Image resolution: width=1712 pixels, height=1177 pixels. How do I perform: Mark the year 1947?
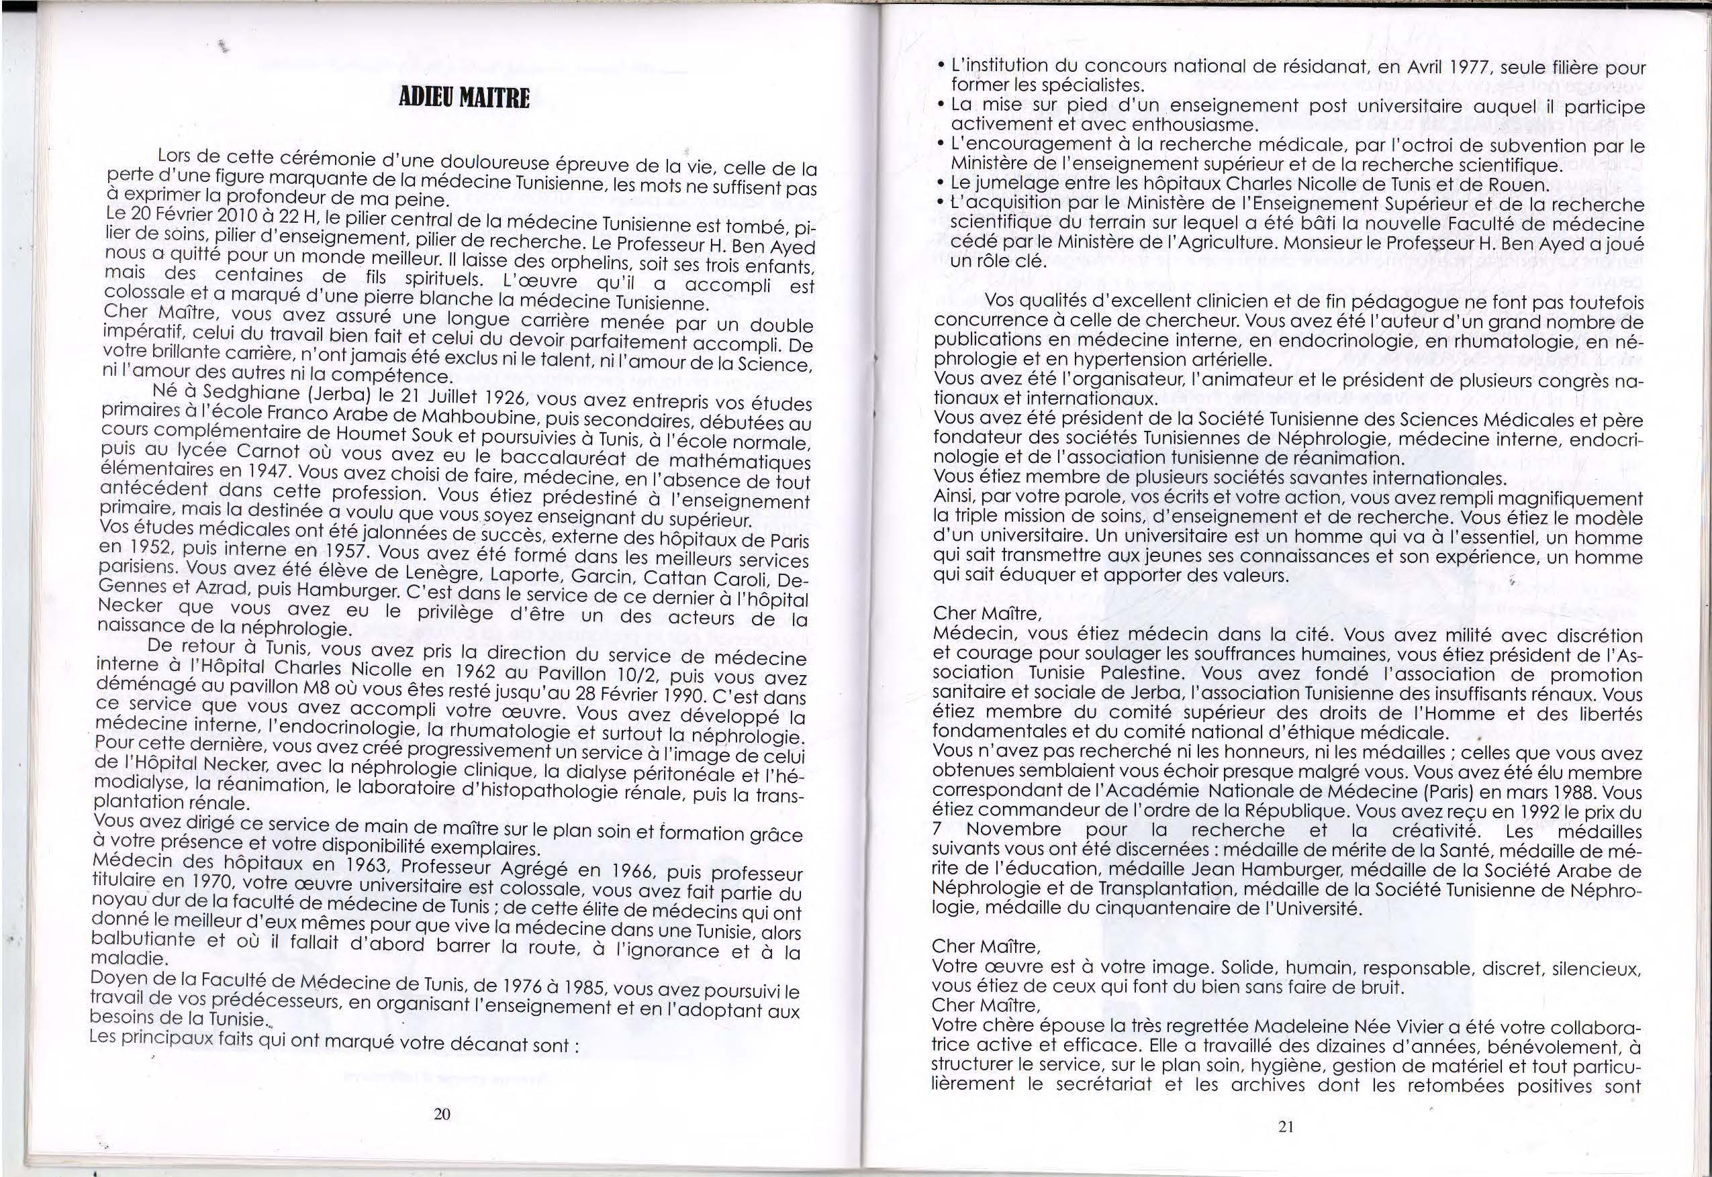263,470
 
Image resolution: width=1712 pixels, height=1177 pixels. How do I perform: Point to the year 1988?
1550,792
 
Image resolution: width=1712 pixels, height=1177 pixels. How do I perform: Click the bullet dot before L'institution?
941,66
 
